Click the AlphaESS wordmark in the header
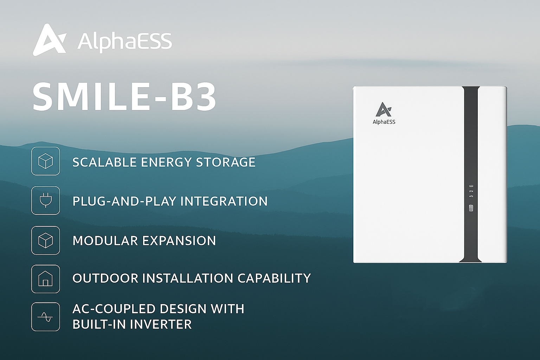[x=125, y=42]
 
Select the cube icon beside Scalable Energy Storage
[x=46, y=161]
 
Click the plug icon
[x=46, y=200]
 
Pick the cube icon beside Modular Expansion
[x=46, y=240]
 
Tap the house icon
[x=46, y=279]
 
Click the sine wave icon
[x=46, y=317]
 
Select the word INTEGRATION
[x=224, y=201]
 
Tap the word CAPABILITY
[x=274, y=278]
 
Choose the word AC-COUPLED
[x=114, y=309]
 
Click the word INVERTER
[x=161, y=324]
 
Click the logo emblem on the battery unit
[x=384, y=109]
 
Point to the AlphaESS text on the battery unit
[x=384, y=122]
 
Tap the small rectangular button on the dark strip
[x=471, y=208]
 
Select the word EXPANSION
[x=179, y=240]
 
